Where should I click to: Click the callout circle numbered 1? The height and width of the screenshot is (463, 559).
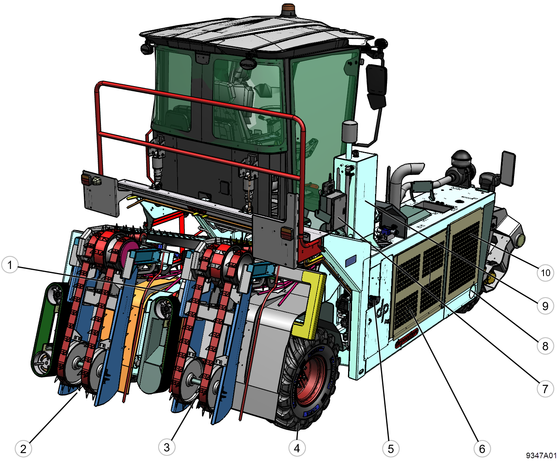[x=10, y=265]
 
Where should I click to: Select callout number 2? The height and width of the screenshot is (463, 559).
[x=23, y=449]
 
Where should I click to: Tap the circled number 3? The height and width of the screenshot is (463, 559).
[x=166, y=447]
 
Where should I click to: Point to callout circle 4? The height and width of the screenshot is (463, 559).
[x=297, y=448]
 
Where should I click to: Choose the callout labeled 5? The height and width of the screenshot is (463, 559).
[x=391, y=449]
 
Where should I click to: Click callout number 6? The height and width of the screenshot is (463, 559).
[x=482, y=449]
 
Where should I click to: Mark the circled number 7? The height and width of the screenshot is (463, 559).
[x=545, y=389]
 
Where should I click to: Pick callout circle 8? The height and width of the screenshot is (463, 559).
[x=545, y=346]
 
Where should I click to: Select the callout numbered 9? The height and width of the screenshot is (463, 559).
[x=545, y=306]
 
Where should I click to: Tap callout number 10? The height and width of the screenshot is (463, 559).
[x=545, y=273]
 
